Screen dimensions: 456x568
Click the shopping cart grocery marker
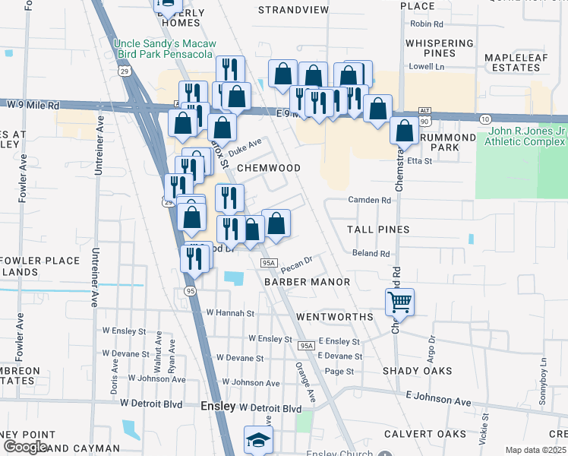(x=399, y=302)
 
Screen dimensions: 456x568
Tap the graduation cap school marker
(x=258, y=440)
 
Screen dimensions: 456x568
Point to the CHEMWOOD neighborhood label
(x=269, y=167)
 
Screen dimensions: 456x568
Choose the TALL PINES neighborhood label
(x=378, y=229)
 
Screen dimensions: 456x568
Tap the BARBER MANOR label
(x=307, y=281)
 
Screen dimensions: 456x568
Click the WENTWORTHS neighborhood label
(x=334, y=316)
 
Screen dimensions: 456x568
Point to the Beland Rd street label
(x=371, y=254)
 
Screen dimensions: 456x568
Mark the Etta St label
(x=420, y=161)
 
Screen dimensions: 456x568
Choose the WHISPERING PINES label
(x=439, y=49)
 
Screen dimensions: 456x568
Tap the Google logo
(x=24, y=447)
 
